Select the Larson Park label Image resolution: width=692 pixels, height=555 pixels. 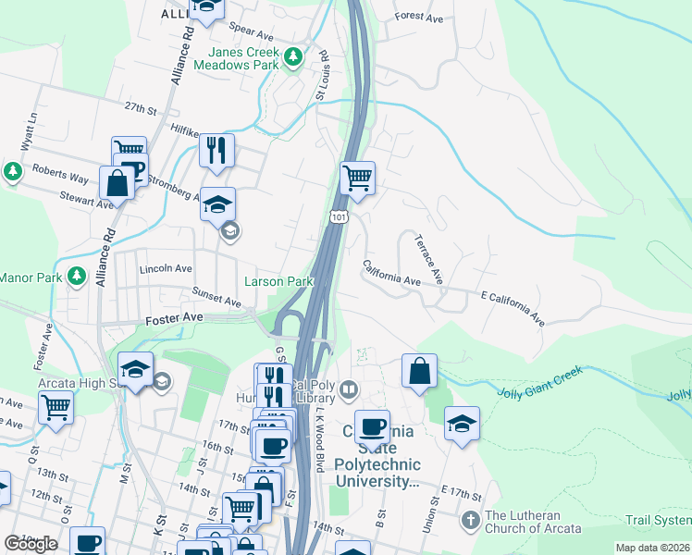(278, 281)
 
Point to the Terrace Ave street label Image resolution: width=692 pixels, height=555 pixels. (428, 259)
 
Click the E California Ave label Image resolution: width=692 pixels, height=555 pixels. (512, 307)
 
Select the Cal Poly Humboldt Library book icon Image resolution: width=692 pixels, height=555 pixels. (348, 388)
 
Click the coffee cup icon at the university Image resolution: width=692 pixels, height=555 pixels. (372, 426)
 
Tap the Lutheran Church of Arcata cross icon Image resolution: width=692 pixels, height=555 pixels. (471, 521)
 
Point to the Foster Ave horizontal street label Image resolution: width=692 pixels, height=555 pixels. (174, 319)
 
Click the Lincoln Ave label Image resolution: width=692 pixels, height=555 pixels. (165, 268)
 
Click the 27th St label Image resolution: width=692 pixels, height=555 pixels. (142, 108)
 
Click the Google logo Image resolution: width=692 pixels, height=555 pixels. (31, 544)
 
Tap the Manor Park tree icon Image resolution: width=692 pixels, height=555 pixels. (76, 277)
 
